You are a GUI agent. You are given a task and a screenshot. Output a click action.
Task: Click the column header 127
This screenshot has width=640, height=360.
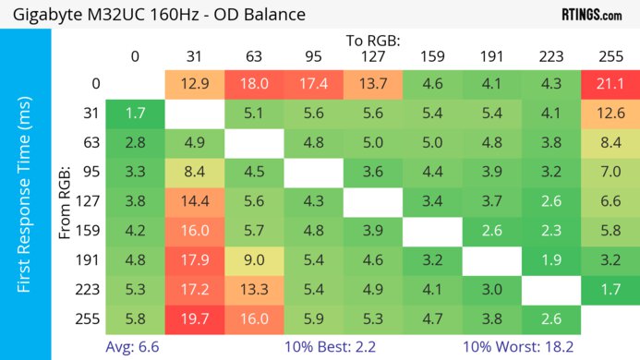pos(372,56)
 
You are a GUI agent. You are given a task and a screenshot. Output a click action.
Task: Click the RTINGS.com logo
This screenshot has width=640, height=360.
pos(591,16)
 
